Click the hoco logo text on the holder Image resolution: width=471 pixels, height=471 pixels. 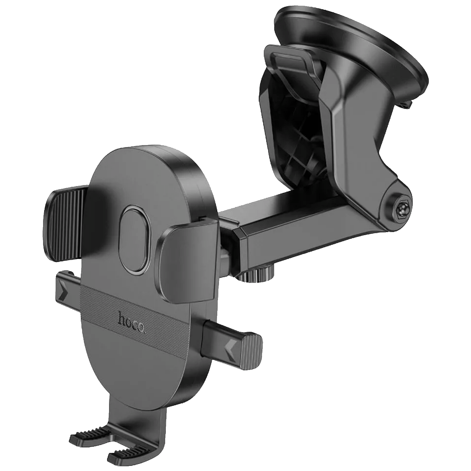(x=133, y=323)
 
